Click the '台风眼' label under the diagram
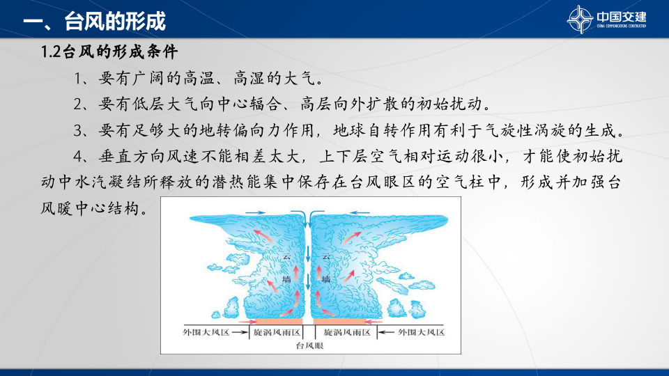(x=309, y=345)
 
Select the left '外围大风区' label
(x=206, y=332)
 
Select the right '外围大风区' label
(x=421, y=332)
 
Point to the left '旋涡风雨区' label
(x=276, y=332)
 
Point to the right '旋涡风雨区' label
(x=346, y=332)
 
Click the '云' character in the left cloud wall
(x=286, y=258)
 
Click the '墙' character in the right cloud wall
(x=325, y=279)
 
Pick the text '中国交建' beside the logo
(x=621, y=16)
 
